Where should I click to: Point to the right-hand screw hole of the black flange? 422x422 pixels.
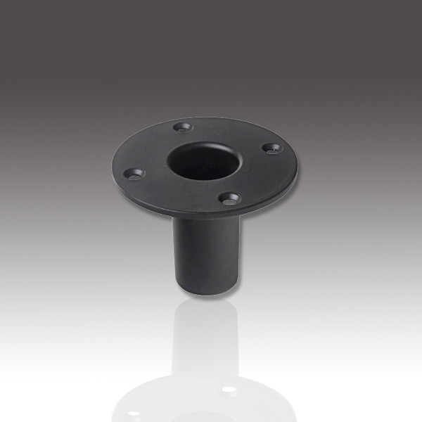click(267, 148)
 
